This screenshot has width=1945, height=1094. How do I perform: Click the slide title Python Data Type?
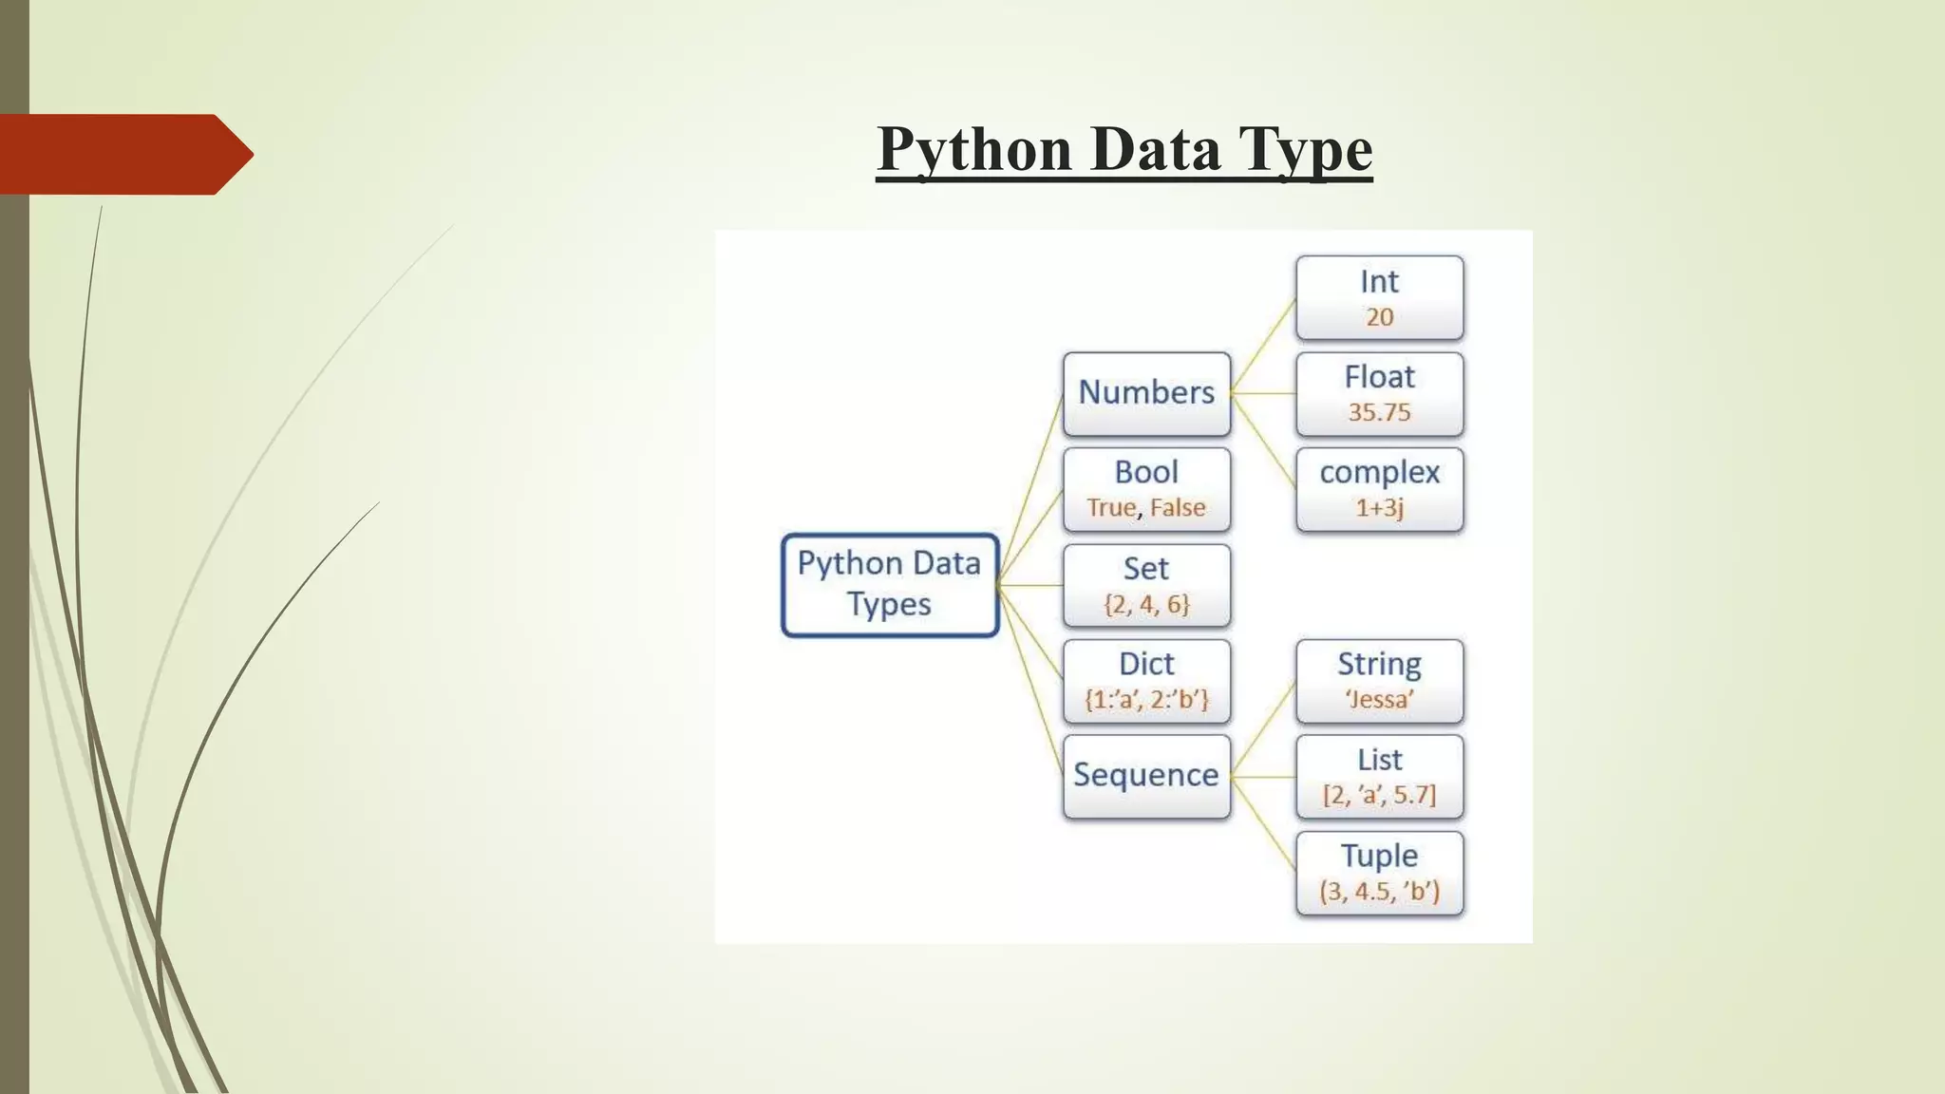coord(1124,149)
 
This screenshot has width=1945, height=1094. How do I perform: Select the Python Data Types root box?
coord(889,584)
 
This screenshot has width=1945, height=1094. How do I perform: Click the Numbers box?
coord(1146,393)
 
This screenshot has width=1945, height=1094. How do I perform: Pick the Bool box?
coord(1146,488)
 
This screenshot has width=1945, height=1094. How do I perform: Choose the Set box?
coord(1146,584)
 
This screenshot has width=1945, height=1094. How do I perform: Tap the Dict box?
coord(1146,680)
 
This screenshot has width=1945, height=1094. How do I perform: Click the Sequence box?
coord(1146,776)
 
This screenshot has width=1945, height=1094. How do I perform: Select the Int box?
coord(1379,297)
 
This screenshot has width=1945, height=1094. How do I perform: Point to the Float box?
coord(1379,393)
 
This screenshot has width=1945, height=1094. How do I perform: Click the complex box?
coord(1379,488)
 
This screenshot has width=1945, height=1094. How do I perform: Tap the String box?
coord(1379,680)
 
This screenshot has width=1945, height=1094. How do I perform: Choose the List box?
coord(1379,776)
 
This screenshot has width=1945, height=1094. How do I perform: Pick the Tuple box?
coord(1379,872)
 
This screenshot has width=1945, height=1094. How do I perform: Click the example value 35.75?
coord(1379,413)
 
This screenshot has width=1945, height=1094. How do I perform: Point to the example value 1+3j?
coord(1379,508)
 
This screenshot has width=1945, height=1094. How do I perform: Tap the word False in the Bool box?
coord(1178,508)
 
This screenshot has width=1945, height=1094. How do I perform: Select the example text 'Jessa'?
coord(1379,700)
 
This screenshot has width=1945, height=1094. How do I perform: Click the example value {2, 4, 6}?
coord(1146,605)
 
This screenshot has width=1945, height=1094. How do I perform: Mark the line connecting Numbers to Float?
coord(1263,393)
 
